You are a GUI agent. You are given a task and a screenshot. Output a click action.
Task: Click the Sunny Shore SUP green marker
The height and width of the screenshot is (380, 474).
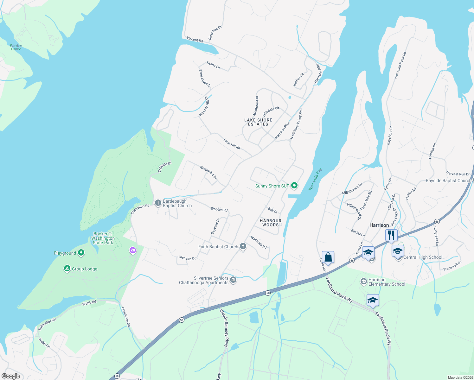(294, 186)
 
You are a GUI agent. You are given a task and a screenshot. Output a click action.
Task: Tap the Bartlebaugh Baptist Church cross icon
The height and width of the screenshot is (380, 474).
(158, 203)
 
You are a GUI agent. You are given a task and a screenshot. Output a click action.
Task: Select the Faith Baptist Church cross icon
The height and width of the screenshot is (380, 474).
(243, 246)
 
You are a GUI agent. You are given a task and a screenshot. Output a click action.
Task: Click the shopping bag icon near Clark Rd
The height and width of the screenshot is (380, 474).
(328, 257)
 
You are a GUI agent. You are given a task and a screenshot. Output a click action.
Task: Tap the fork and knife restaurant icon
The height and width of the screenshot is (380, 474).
(392, 235)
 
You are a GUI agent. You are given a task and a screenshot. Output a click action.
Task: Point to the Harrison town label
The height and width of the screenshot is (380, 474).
(379, 225)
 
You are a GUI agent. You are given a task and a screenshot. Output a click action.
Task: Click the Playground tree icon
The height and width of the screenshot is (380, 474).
(81, 252)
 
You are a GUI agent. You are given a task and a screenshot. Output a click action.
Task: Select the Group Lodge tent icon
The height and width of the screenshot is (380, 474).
(67, 269)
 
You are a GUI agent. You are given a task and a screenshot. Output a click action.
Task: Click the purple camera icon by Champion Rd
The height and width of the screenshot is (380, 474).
(133, 250)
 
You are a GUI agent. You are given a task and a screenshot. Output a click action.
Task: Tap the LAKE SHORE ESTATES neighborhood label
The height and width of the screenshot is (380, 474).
(258, 122)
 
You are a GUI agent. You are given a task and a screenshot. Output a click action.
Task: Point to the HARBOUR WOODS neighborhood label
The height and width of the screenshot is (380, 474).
(271, 223)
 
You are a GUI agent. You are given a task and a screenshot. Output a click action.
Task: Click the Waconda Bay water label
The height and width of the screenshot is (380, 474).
(315, 179)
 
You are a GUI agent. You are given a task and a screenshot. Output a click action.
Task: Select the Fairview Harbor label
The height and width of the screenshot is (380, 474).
(16, 47)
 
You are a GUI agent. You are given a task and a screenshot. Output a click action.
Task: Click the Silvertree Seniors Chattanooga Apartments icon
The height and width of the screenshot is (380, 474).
(234, 280)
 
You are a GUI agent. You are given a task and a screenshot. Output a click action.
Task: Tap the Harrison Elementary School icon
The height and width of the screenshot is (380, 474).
(364, 281)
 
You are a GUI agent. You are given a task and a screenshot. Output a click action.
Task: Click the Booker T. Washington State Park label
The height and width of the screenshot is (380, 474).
(103, 238)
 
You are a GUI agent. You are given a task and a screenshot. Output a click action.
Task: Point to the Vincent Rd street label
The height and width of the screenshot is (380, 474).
(195, 40)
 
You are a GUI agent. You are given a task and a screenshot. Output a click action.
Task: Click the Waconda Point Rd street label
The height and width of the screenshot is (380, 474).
(400, 65)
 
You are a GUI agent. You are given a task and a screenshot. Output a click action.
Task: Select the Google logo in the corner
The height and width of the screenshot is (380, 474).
(11, 376)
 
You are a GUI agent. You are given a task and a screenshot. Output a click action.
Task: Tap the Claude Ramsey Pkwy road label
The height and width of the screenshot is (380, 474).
(224, 328)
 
